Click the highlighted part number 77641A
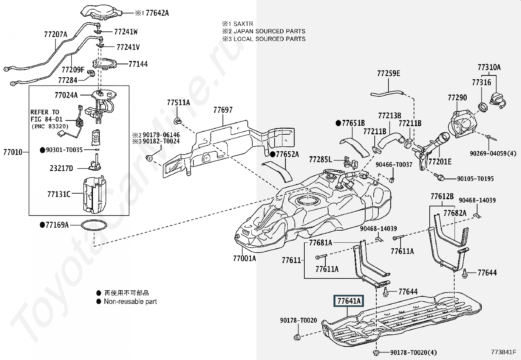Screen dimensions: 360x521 (x=349, y=301)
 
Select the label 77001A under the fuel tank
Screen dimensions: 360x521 (x=244, y=258)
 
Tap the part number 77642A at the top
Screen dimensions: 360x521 (x=157, y=13)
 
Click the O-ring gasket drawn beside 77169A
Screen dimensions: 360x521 (x=94, y=226)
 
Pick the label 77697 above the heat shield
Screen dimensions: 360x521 (x=223, y=110)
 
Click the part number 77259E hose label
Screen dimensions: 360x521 (x=388, y=73)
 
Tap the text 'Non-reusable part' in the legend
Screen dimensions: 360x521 (x=130, y=302)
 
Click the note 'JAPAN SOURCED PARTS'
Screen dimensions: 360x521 (x=269, y=31)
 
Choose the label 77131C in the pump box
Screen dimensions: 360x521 (x=59, y=195)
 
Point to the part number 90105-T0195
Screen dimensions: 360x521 (x=476, y=179)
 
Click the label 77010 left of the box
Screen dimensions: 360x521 (x=13, y=152)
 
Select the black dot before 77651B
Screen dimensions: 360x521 (x=338, y=123)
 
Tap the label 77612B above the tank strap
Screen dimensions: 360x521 (x=442, y=197)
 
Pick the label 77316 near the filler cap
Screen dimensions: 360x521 (x=481, y=82)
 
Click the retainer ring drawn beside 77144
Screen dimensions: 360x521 (x=104, y=64)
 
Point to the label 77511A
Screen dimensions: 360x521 (x=178, y=103)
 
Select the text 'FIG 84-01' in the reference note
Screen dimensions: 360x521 (x=46, y=120)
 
